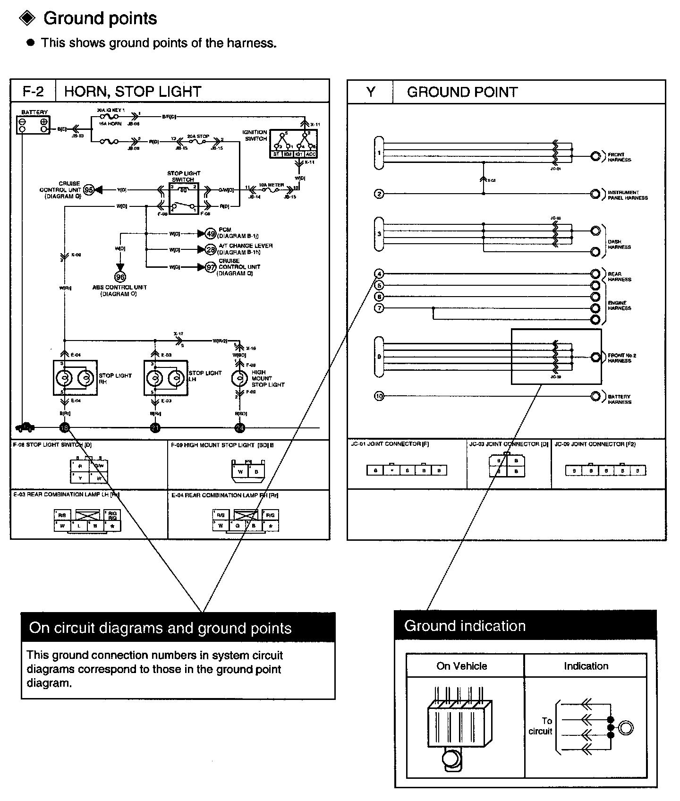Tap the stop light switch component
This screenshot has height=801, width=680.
(183, 197)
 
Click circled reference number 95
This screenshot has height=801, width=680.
(89, 190)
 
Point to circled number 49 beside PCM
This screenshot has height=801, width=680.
(211, 233)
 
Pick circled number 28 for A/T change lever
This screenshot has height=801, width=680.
(211, 249)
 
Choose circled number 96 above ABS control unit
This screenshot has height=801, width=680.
(120, 277)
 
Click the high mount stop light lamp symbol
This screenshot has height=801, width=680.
(239, 378)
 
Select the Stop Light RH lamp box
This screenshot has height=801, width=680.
(76, 378)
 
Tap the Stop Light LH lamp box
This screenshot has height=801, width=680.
(166, 378)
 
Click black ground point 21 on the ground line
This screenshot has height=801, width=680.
(155, 428)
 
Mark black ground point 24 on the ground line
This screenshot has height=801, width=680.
(240, 428)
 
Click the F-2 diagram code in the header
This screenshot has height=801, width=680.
(33, 91)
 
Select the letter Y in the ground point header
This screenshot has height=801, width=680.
(371, 92)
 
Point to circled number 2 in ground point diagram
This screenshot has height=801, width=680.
(379, 194)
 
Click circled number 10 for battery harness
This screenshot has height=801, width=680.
(379, 396)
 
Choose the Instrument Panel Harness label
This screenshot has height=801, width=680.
(627, 195)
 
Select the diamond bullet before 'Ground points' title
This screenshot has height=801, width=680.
(26, 18)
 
